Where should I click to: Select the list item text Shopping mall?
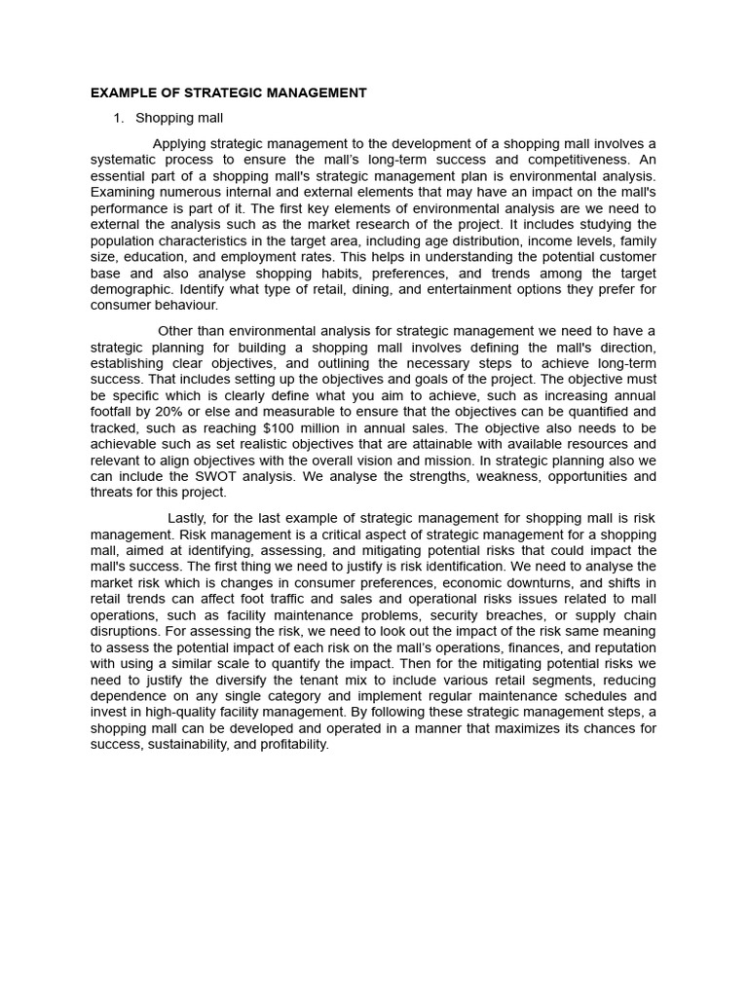[x=179, y=119]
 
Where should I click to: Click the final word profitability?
[x=295, y=744]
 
